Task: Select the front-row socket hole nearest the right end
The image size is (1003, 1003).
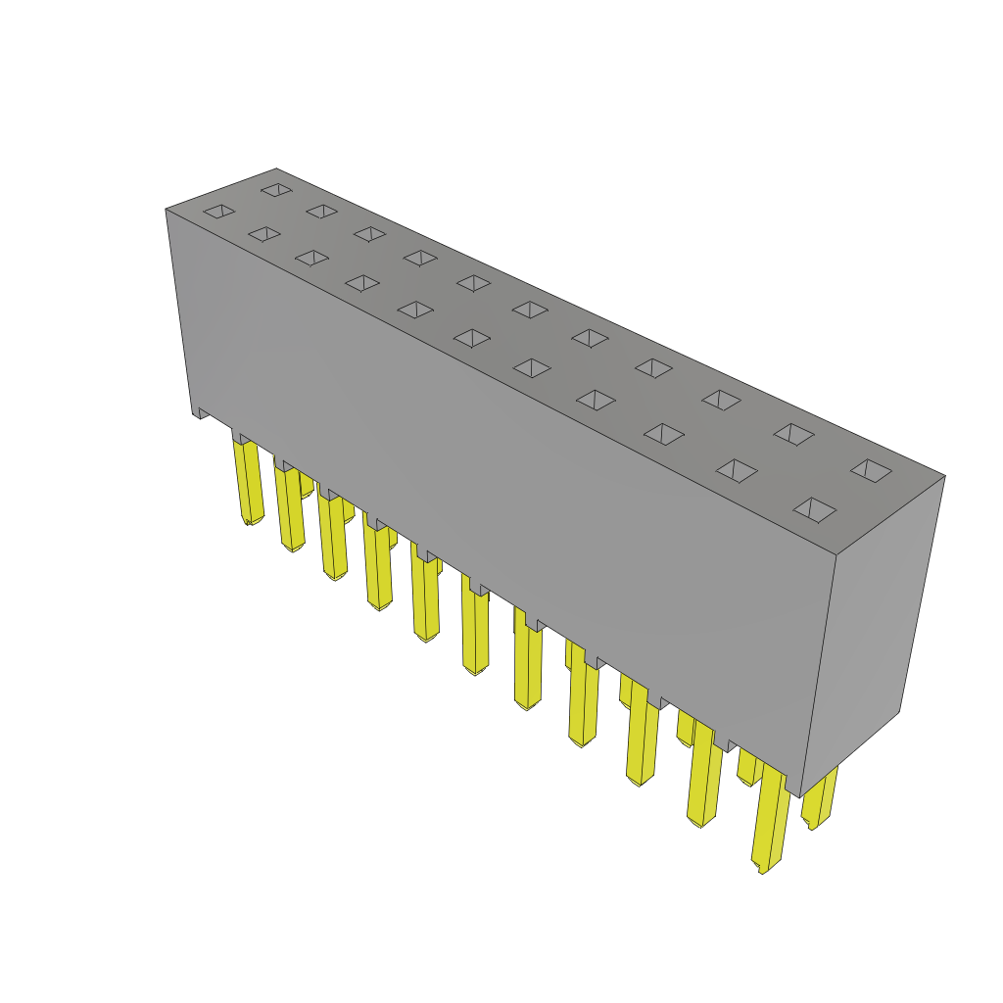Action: point(815,509)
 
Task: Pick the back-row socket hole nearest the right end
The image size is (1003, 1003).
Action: point(871,470)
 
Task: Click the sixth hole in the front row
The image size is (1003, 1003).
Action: point(472,338)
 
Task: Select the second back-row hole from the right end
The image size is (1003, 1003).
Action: point(793,434)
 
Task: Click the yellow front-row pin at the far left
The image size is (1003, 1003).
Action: point(248,480)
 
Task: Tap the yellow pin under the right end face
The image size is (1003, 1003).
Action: point(819,798)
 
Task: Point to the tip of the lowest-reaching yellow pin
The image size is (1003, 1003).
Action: point(762,868)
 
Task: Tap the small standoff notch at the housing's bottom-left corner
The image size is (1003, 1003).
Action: point(202,412)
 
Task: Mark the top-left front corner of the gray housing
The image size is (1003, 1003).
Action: point(167,210)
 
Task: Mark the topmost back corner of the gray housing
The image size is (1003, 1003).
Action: point(276,169)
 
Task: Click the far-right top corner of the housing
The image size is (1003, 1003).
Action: point(944,476)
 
